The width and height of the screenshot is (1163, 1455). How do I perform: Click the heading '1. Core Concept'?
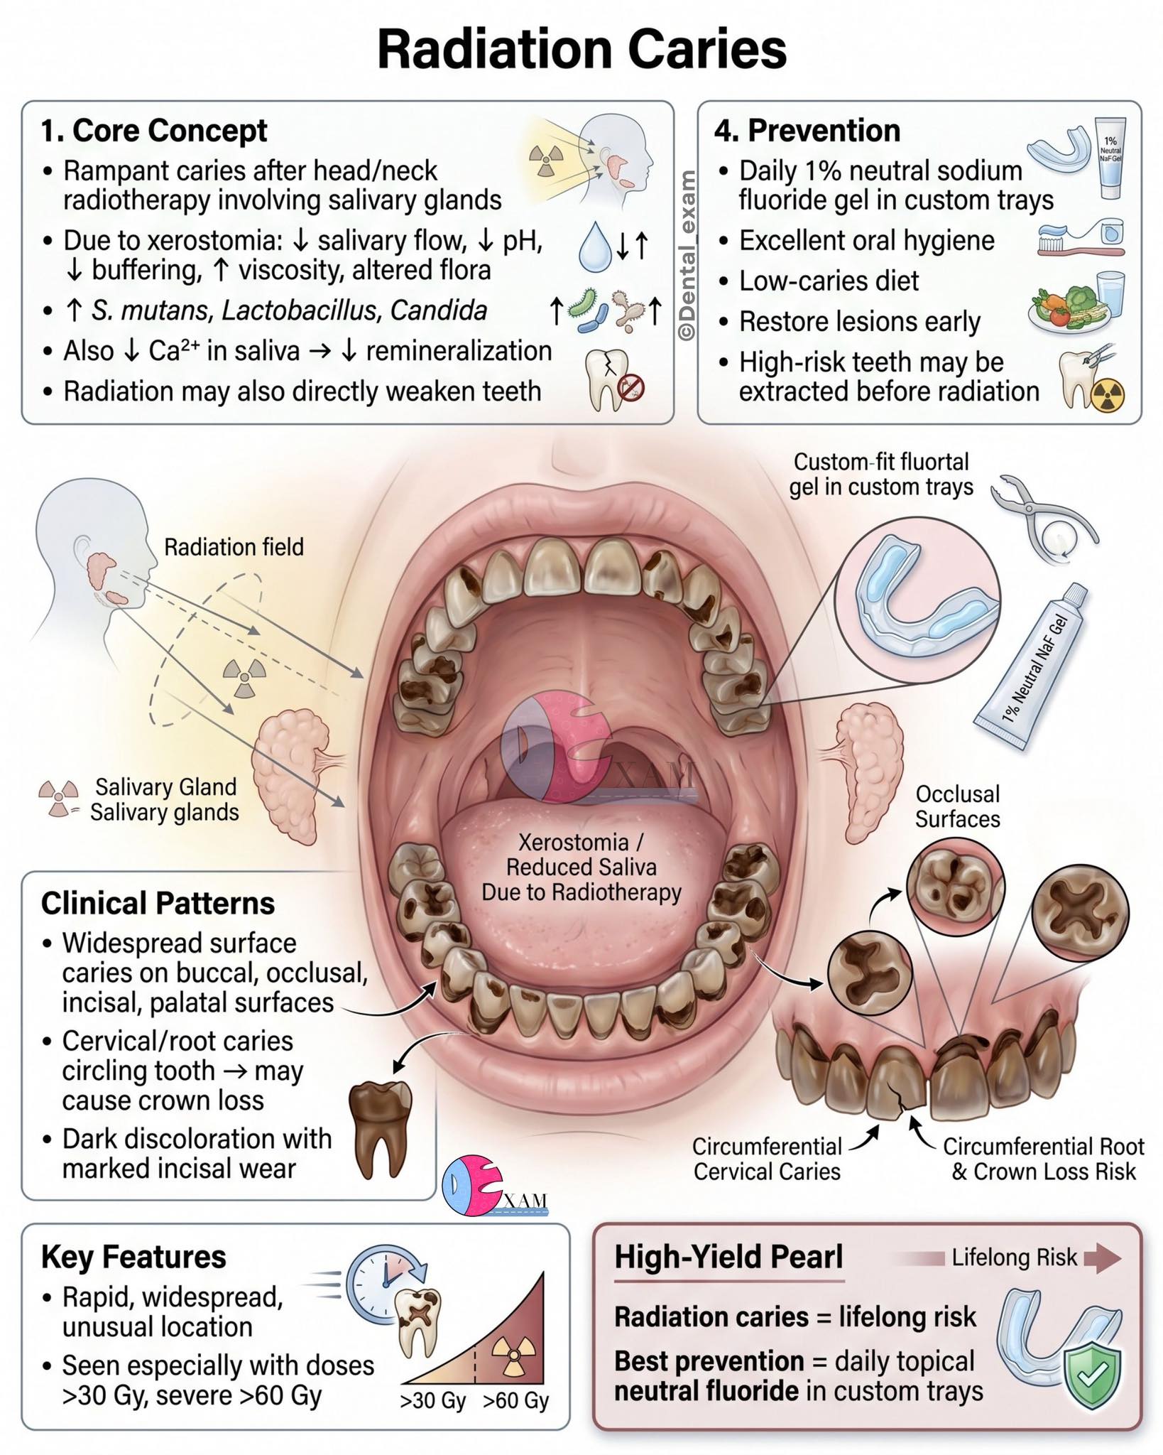tap(154, 131)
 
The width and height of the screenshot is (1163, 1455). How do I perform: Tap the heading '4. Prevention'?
tap(807, 131)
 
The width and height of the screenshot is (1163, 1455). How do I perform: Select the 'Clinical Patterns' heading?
tap(158, 903)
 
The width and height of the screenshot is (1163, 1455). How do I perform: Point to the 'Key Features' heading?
tap(133, 1257)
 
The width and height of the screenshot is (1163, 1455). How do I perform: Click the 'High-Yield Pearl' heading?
tap(728, 1257)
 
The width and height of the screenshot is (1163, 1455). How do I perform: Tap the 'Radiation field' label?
tap(234, 547)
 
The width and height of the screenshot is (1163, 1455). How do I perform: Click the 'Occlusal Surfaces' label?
tap(957, 806)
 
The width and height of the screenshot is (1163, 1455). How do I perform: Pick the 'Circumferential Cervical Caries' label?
tap(767, 1159)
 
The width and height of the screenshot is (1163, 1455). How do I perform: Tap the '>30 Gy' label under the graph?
tap(432, 1402)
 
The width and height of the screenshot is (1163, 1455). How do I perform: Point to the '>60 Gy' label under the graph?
tap(516, 1402)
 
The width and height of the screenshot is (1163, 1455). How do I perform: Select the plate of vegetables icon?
tap(1065, 308)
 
